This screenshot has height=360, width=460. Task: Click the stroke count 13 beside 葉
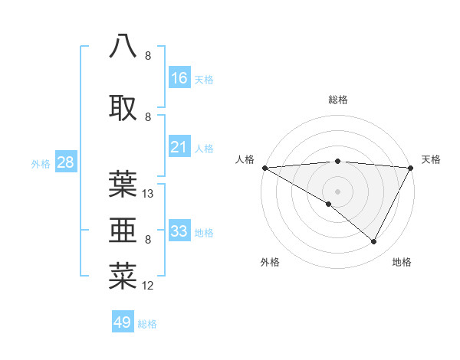tap(149, 194)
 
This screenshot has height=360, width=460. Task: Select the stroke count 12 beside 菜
tap(149, 286)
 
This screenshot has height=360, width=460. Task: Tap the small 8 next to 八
tap(148, 56)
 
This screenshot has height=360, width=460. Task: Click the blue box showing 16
tap(179, 78)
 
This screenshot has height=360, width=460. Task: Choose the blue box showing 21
tap(179, 148)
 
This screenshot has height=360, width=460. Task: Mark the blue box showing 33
tap(179, 231)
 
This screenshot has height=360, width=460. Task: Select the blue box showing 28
tap(65, 162)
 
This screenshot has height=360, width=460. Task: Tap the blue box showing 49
tap(122, 322)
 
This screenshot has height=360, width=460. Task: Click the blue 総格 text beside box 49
tap(147, 324)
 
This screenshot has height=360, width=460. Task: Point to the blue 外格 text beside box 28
tap(41, 164)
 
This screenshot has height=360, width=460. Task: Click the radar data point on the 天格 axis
tap(411, 168)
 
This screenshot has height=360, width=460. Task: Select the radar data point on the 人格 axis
tap(264, 167)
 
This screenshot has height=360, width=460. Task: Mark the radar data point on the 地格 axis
tap(374, 241)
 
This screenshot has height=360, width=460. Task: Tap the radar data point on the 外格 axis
tap(329, 204)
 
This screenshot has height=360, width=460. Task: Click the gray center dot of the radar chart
tap(337, 191)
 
